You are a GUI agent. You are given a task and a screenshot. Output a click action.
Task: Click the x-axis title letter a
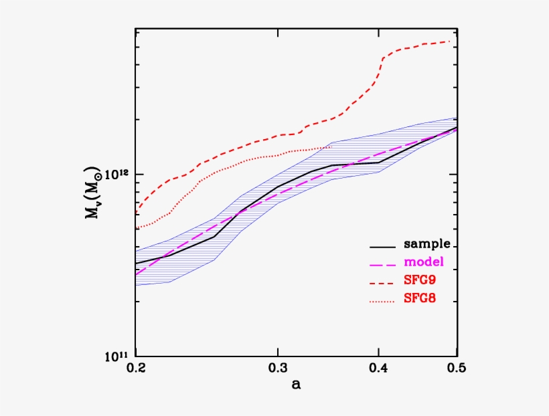click(296, 385)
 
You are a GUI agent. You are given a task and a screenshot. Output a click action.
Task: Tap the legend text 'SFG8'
click(420, 298)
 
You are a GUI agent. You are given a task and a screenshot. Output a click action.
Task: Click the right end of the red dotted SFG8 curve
click(331, 146)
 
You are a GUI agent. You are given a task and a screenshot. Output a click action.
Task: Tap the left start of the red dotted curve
click(137, 229)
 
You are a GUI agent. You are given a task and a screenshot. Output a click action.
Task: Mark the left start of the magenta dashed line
click(137, 274)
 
